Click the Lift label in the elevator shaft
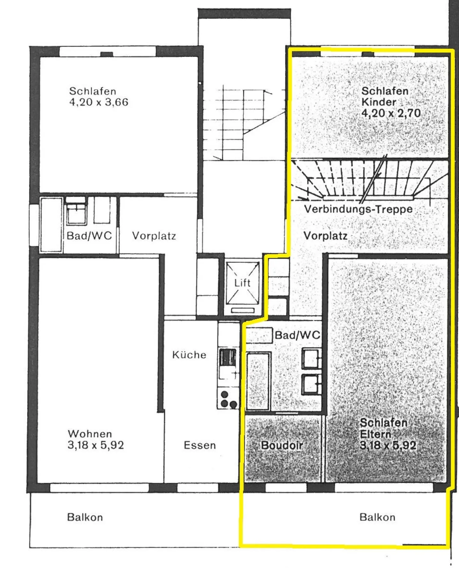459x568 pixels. [x=242, y=283]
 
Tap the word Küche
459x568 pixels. [x=189, y=354]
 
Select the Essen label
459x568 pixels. [x=200, y=445]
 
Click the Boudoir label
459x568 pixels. [x=282, y=445]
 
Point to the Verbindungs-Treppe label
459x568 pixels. [x=358, y=209]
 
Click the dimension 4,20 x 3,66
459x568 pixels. [x=99, y=102]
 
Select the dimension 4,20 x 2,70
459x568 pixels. [x=391, y=113]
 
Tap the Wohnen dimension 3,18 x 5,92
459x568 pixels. [x=96, y=445]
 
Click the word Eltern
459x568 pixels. [x=375, y=434]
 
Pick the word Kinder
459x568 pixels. [x=379, y=102]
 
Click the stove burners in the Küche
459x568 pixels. [x=228, y=399]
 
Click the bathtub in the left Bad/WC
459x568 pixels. [x=51, y=225]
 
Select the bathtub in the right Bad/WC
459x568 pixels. [x=258, y=381]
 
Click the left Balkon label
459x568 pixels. [x=85, y=517]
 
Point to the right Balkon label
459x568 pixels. [x=377, y=517]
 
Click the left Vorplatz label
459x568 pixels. [x=154, y=236]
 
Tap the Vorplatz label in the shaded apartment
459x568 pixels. [x=325, y=236]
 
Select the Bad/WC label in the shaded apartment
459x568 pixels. [x=297, y=335]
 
